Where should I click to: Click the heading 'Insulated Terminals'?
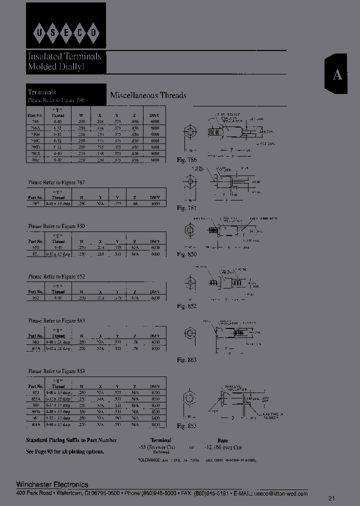pyautogui.click(x=64, y=56)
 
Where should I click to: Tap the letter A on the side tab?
pyautogui.click(x=338, y=75)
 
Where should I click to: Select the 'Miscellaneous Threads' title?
pyautogui.click(x=148, y=95)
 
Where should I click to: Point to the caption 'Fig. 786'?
pyautogui.click(x=187, y=160)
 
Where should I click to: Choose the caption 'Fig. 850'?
pyautogui.click(x=187, y=254)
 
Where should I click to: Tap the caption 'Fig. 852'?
pyautogui.click(x=187, y=306)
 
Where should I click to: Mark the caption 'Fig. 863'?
pyautogui.click(x=187, y=360)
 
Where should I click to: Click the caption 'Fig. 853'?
pyautogui.click(x=187, y=425)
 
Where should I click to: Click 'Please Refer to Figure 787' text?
pyautogui.click(x=56, y=184)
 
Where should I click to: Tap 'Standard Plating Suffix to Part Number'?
pyautogui.click(x=71, y=440)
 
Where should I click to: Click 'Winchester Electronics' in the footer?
pyautogui.click(x=52, y=484)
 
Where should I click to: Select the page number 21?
pyautogui.click(x=332, y=498)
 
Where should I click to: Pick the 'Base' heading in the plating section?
pyautogui.click(x=222, y=440)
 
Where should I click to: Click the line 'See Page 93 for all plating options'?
pyautogui.click(x=65, y=451)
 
